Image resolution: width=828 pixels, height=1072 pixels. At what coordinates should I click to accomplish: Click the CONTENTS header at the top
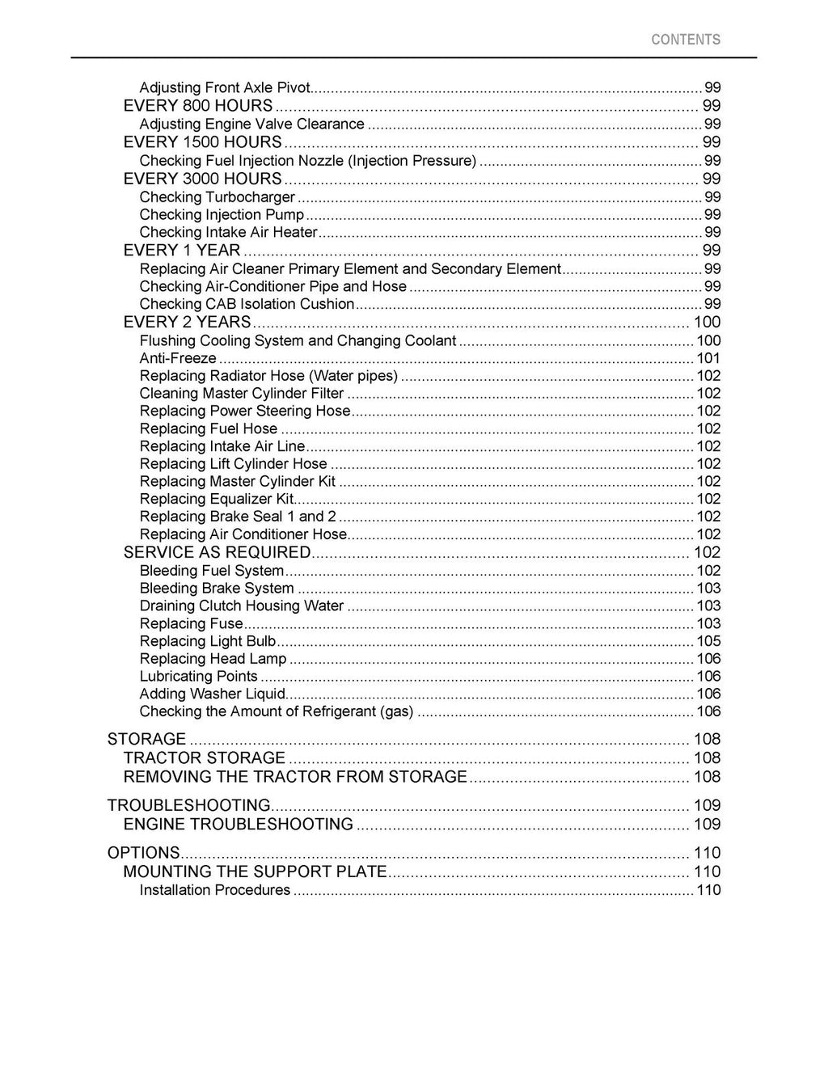685,40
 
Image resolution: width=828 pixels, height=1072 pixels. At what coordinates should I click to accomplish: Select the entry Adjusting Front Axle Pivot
225,87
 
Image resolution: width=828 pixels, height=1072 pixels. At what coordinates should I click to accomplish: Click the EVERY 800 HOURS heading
198,106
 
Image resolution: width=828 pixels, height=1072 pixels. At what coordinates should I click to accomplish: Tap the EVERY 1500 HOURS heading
202,142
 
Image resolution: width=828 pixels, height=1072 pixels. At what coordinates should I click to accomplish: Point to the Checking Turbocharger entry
217,197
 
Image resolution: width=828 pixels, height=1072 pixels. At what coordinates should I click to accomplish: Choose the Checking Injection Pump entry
222,215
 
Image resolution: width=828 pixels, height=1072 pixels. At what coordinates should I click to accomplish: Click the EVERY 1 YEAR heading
182,251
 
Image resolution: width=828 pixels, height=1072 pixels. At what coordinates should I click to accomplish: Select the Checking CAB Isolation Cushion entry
247,305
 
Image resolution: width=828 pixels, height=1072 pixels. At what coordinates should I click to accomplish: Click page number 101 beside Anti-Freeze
708,358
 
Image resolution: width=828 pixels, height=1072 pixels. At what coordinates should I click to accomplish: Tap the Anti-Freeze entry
178,358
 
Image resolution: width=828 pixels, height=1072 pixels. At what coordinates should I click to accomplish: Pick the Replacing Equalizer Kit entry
217,500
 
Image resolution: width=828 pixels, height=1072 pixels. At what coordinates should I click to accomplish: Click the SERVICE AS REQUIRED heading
217,553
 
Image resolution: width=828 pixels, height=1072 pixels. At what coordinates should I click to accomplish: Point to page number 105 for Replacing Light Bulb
708,641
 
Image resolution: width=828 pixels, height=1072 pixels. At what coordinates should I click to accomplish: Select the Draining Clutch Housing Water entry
242,606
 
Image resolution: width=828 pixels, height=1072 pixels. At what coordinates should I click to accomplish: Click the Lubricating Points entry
198,677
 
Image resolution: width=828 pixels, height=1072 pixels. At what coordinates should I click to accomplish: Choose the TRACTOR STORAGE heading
205,758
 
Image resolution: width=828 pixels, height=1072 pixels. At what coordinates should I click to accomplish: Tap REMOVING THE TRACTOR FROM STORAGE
295,777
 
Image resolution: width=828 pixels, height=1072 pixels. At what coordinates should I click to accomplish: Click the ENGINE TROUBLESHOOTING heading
239,825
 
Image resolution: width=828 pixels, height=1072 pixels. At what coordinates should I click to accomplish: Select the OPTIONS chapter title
143,853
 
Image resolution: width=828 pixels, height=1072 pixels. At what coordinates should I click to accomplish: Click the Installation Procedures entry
214,890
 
